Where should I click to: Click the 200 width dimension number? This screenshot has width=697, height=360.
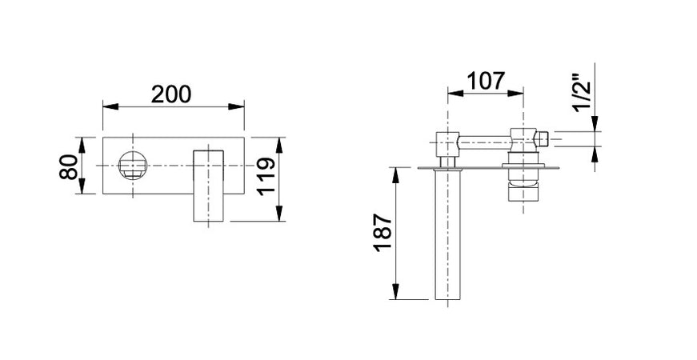[x=171, y=94]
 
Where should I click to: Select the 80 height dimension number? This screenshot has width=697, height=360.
[x=69, y=166]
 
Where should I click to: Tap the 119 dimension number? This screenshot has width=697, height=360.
[x=266, y=177]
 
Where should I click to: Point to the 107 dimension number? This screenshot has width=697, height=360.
[x=486, y=81]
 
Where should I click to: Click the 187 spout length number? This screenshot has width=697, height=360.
[x=383, y=233]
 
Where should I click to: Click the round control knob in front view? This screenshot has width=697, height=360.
[x=133, y=166]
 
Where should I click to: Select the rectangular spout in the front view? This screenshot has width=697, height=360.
[x=208, y=186]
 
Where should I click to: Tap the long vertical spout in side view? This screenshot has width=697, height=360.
[x=447, y=234]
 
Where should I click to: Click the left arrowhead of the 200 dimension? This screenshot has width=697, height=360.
[x=110, y=106]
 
